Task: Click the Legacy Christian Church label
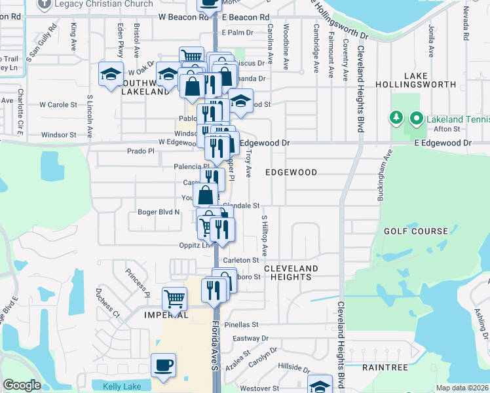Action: click(98, 5)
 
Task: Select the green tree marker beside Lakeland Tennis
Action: click(396, 119)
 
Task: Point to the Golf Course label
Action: click(416, 231)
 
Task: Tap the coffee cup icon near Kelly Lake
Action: click(163, 365)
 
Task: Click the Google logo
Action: click(22, 385)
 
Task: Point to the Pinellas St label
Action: click(242, 324)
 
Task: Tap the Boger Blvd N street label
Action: click(159, 212)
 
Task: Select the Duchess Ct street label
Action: click(107, 304)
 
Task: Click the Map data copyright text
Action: click(462, 388)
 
